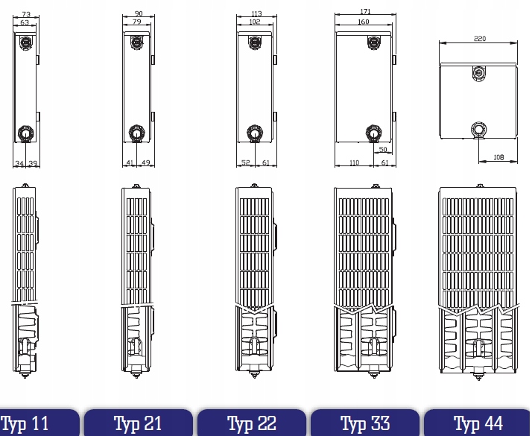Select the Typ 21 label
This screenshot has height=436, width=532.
(138, 424)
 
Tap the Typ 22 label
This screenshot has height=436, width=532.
(251, 424)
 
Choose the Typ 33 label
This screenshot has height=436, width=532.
(365, 424)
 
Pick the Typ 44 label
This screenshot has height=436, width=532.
(478, 424)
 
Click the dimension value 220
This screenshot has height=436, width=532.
(479, 39)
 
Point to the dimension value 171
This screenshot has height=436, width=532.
(364, 12)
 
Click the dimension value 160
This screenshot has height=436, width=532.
(363, 22)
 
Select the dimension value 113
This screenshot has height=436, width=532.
(256, 13)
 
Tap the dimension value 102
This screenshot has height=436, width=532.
(254, 22)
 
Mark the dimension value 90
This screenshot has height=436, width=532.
(138, 13)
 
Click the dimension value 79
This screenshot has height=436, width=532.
(136, 22)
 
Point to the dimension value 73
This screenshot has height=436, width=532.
(25, 14)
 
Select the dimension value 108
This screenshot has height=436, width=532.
(498, 157)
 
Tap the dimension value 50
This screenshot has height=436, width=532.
(383, 150)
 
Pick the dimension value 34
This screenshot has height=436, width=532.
(20, 162)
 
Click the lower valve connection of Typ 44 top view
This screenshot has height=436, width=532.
(478, 130)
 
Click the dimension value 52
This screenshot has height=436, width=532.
(245, 162)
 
